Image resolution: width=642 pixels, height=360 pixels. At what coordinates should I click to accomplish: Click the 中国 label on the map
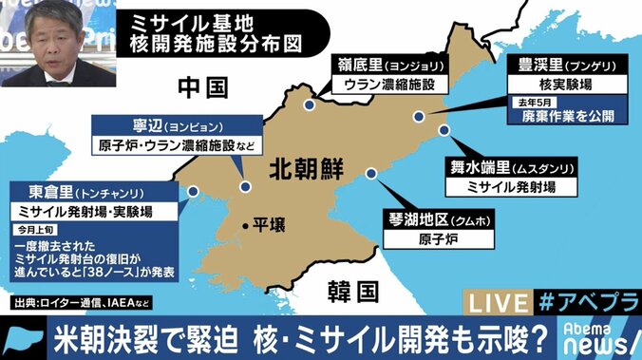[204, 88]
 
